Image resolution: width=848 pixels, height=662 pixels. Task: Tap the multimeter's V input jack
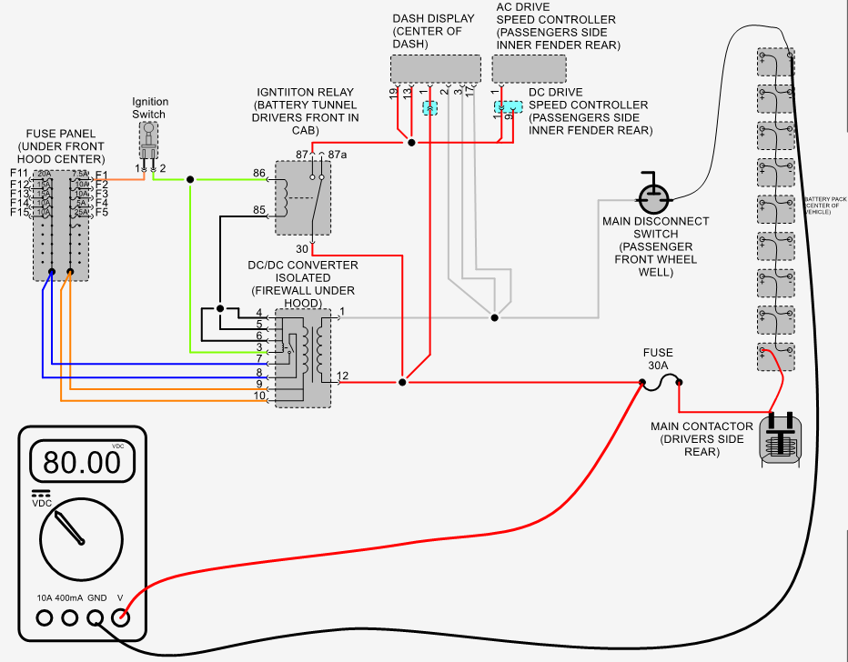(120, 619)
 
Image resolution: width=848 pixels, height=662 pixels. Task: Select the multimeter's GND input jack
(95, 619)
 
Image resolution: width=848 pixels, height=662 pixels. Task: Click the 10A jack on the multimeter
(44, 619)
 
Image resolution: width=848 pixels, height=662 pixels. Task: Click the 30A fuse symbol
(664, 385)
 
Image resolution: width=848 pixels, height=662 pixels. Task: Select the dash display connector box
(436, 69)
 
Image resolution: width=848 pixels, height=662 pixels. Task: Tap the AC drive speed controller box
(529, 69)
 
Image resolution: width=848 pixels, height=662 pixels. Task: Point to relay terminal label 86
(259, 172)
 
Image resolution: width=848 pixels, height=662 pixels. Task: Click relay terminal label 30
(302, 248)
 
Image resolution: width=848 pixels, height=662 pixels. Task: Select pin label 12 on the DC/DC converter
(342, 376)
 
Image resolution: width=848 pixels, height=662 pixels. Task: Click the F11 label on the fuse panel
(19, 174)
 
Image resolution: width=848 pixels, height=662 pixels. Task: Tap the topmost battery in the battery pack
(775, 64)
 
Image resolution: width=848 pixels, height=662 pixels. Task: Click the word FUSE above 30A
(658, 351)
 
